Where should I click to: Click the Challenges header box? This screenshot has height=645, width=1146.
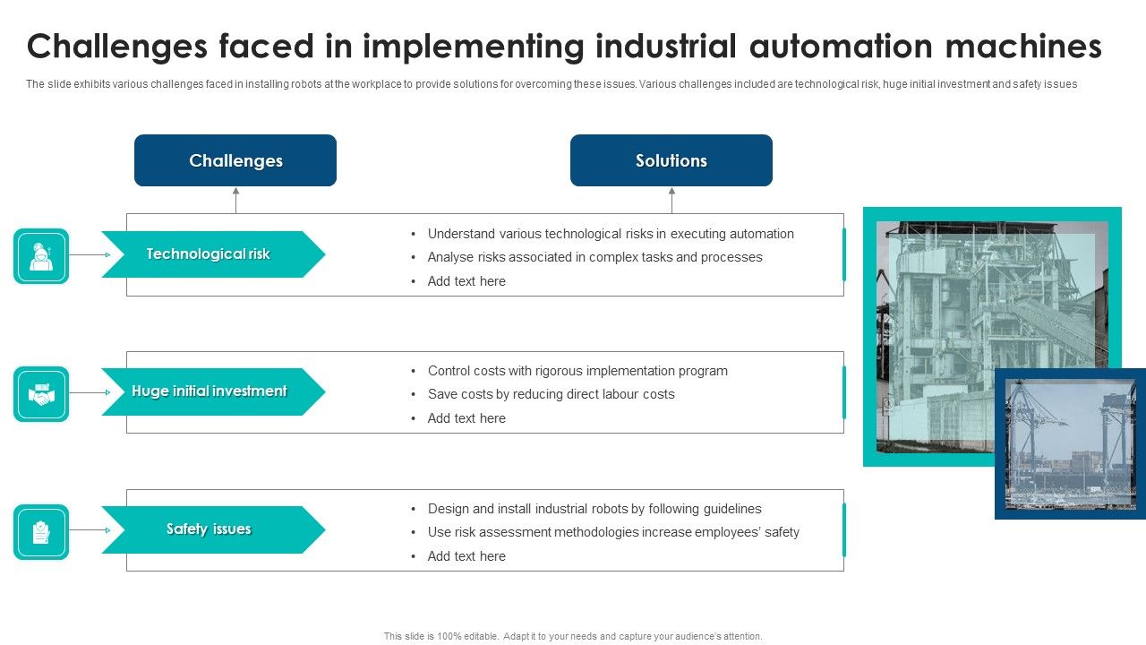[235, 161]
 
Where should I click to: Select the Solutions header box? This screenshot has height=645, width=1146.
[671, 161]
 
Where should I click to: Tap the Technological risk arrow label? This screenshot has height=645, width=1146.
[209, 254]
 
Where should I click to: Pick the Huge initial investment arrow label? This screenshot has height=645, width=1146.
[210, 391]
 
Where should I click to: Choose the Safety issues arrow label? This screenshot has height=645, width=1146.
[209, 529]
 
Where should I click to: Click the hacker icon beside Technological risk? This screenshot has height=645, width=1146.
[41, 256]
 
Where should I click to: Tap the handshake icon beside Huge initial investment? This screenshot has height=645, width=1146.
[41, 394]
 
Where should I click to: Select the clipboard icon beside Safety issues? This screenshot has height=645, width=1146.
[41, 532]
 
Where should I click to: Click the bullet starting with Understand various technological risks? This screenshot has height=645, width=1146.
[611, 234]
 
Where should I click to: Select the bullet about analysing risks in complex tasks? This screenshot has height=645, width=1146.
[594, 257]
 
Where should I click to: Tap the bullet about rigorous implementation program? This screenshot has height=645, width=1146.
[577, 371]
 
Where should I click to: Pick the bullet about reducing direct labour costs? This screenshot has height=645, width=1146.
[551, 394]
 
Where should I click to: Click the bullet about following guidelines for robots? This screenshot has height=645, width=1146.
[594, 509]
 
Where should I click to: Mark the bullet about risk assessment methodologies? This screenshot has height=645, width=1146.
[613, 532]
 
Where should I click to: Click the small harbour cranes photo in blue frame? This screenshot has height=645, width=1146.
[1070, 443]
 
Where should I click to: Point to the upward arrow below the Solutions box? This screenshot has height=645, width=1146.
[671, 199]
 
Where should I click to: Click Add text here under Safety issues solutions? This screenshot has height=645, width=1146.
[466, 556]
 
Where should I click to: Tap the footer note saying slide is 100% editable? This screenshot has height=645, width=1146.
[573, 636]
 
